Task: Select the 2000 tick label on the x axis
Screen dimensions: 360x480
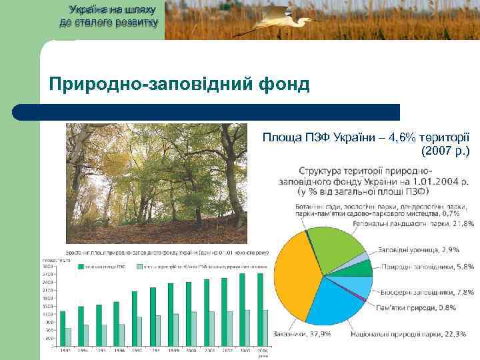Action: [191, 349]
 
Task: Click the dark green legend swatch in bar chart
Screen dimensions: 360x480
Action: [81, 266]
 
